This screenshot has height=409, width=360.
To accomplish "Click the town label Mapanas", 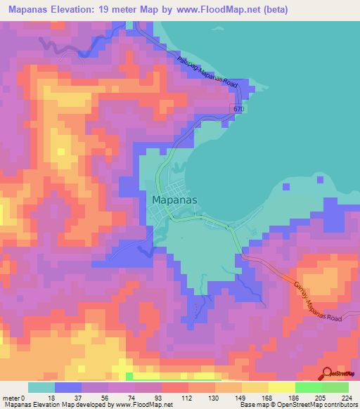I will tap(174, 199).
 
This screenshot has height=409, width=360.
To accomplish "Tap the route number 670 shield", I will tap(239, 110).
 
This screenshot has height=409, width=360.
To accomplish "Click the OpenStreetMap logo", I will tap(339, 374).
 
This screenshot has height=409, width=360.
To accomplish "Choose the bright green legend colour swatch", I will tap(308, 387).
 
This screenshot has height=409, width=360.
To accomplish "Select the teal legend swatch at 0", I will tap(41, 387).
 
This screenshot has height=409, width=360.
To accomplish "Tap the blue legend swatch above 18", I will tap(67, 387).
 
